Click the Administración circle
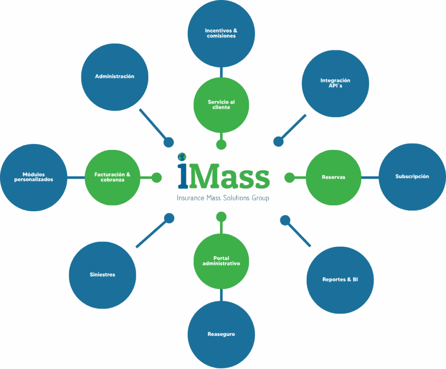click(x=115, y=77)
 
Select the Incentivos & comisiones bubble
click(x=221, y=34)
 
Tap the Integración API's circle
click(x=335, y=83)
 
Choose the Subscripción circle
click(x=412, y=176)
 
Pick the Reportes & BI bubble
click(x=340, y=280)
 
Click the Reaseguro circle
click(x=221, y=335)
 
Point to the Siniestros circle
click(x=102, y=275)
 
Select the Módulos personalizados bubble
click(x=34, y=177)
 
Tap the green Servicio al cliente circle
click(x=221, y=105)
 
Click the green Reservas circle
click(x=333, y=177)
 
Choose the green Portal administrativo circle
click(x=221, y=261)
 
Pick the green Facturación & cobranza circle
click(x=112, y=177)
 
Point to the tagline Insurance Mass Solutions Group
click(x=223, y=198)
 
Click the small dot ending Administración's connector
click(x=169, y=142)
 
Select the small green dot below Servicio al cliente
click(x=221, y=145)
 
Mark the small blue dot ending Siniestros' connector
click(x=169, y=218)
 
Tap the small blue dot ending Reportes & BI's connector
click(x=285, y=220)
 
